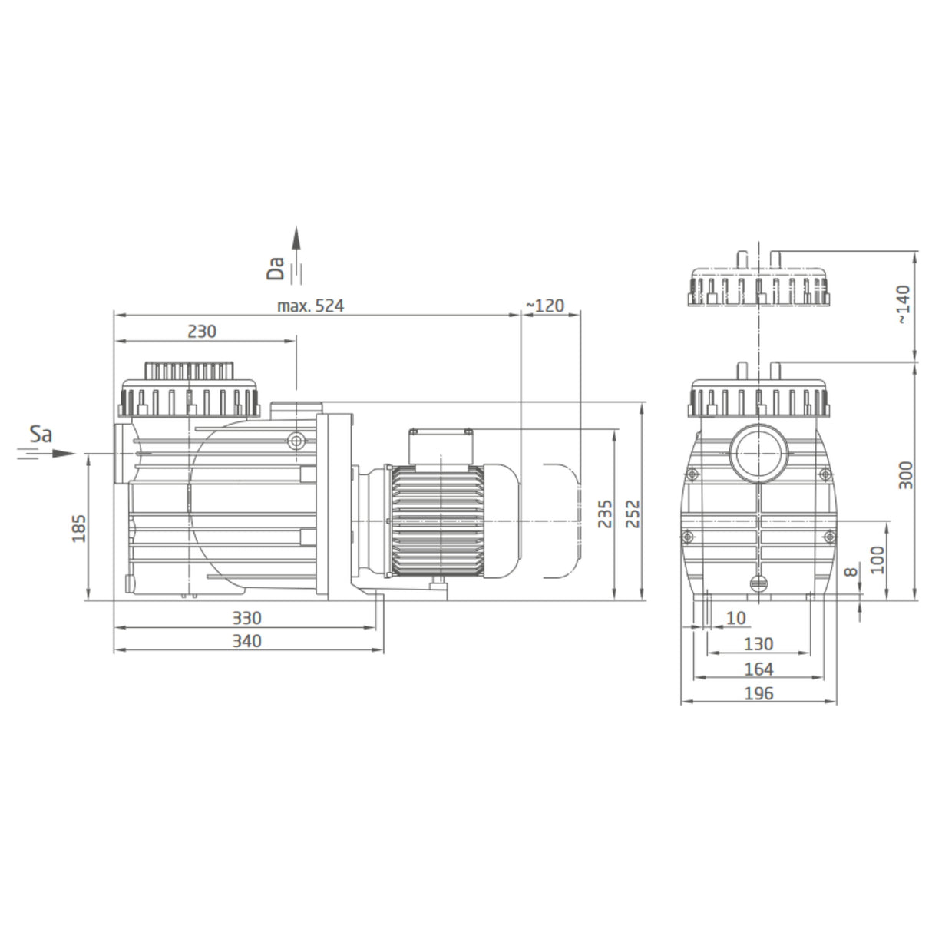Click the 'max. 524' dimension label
pos(310,306)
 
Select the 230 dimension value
pos(202,332)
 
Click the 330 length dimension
pos(246,618)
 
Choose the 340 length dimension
pos(246,641)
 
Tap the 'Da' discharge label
pos(276,266)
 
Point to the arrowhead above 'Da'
pos(296,236)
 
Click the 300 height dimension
pos(906,476)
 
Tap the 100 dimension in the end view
pos(878,560)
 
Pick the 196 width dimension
pos(758,693)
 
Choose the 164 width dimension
pos(758,669)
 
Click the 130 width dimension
pos(758,644)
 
